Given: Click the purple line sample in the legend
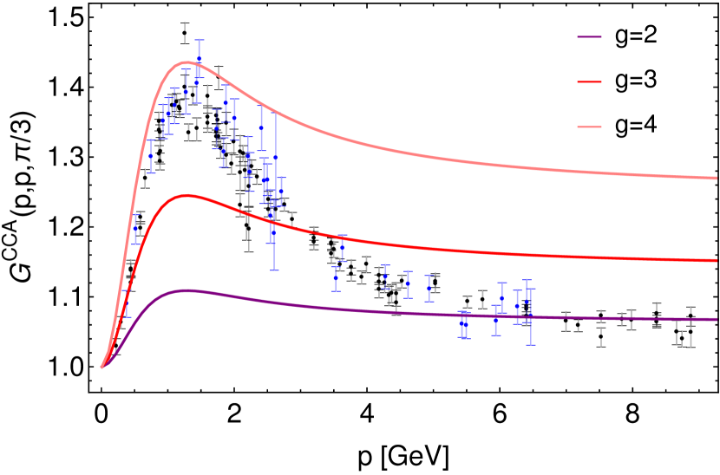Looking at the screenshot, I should pos(590,36).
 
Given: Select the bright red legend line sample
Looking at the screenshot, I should pos(590,81).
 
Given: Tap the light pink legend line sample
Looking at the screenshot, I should pos(590,127).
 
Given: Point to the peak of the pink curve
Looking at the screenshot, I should pos(186,62).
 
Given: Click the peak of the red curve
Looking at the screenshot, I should pos(186,196).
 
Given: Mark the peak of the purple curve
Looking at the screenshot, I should pos(186,290).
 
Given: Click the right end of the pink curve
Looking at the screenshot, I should pos(717,178).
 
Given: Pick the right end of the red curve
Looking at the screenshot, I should pos(717,260).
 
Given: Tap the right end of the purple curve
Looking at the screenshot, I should pos(717,319).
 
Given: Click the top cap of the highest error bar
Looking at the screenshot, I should pos(199,39).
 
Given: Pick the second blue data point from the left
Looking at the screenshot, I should pos(134,229).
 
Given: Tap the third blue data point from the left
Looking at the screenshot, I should pos(151,156).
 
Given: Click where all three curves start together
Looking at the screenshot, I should pos(101,368).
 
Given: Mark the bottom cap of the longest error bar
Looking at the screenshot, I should pos(274,270).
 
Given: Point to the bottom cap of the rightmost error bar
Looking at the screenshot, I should pos(530,345).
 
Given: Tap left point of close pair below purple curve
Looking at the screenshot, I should pos(461,323).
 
